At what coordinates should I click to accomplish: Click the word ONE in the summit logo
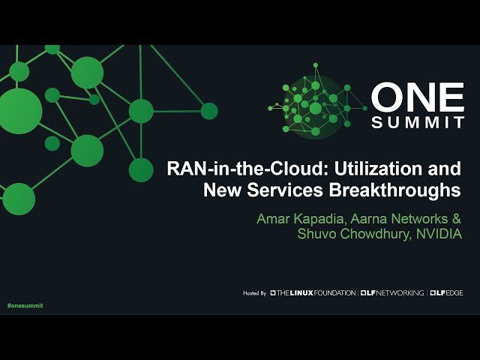pos(418,98)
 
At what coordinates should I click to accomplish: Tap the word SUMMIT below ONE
pos(418,123)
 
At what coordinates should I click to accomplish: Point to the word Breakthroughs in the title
pos(395,190)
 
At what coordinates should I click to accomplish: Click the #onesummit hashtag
pos(25,306)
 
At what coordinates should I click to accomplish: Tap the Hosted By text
pos(255,292)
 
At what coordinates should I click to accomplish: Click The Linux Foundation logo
pos(313,292)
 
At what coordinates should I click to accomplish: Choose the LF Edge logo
pos(447,292)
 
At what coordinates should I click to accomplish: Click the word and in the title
pos(442,169)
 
